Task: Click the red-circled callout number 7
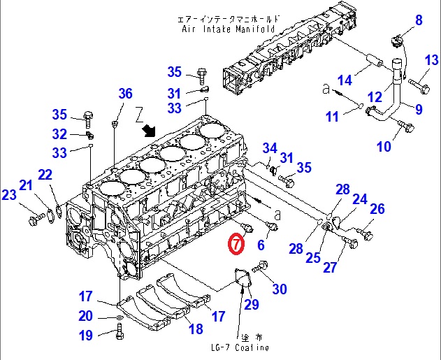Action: click(236, 244)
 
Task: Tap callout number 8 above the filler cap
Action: click(419, 20)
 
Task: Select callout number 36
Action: click(124, 94)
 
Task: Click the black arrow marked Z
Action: click(149, 131)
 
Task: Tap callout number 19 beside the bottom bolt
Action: click(85, 336)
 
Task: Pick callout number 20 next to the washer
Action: click(85, 316)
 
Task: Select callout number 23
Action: click(8, 196)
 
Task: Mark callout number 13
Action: click(431, 61)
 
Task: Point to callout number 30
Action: click(279, 289)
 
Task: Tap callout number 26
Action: click(377, 209)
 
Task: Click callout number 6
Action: click(261, 245)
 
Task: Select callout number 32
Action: click(60, 134)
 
